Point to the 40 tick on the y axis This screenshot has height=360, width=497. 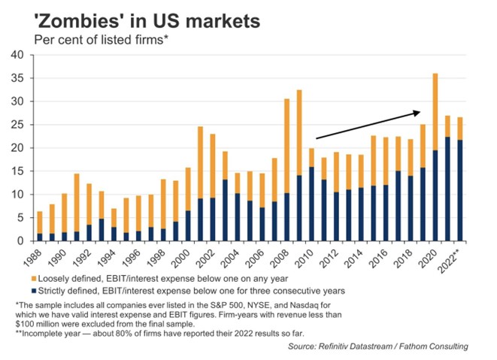point(17,55)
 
